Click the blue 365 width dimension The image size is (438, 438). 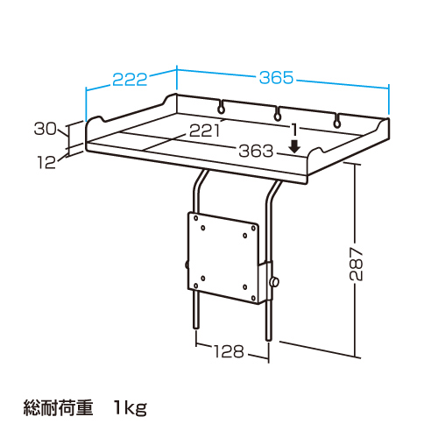276,78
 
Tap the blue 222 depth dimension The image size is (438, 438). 130,80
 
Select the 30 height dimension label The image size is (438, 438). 46,129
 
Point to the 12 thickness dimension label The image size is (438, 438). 46,162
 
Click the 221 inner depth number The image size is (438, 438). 204,131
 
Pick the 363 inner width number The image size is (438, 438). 256,151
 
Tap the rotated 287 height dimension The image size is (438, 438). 357,265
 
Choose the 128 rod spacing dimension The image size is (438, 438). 229,351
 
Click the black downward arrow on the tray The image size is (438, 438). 295,147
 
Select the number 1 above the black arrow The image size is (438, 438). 295,131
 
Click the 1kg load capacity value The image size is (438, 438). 131,408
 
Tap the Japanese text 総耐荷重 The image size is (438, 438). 58,407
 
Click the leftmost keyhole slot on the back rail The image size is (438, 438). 222,107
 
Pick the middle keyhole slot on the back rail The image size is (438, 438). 277,115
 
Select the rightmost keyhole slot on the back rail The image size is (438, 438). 337,122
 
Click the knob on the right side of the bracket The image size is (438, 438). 275,282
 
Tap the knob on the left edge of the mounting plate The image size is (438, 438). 187,265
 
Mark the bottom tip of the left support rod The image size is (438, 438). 197,328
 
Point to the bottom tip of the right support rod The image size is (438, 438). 269,340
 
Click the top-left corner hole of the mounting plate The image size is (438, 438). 196,218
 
